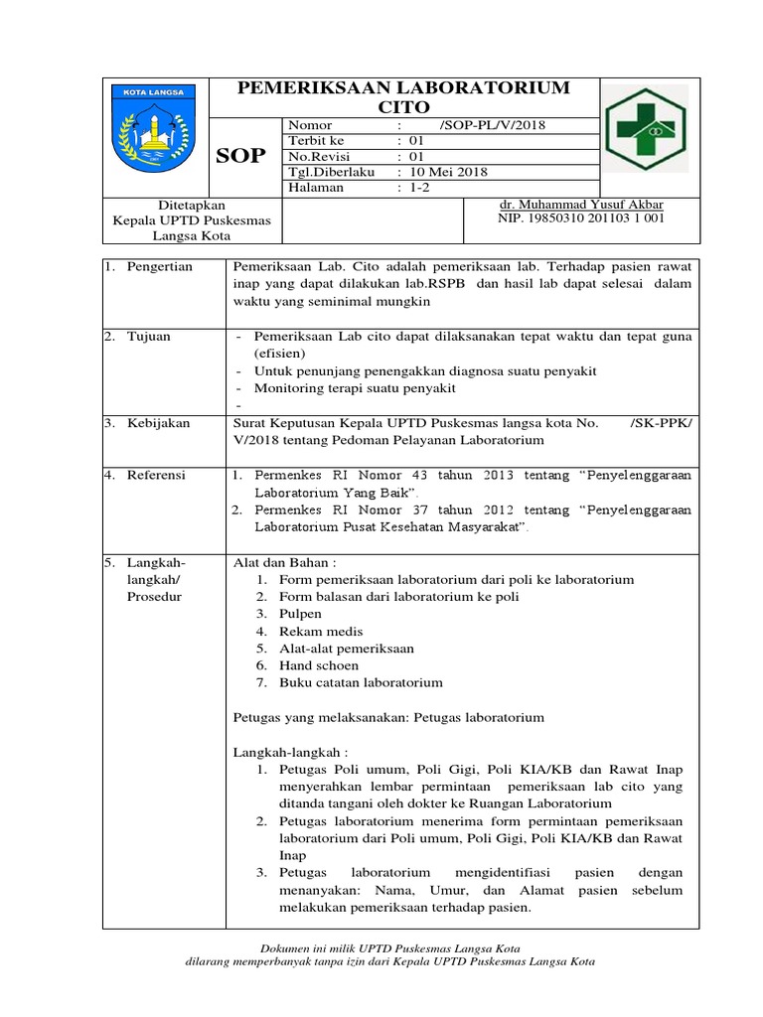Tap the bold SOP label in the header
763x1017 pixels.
coord(241,157)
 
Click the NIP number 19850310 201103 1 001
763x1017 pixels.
coord(581,218)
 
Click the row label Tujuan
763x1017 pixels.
coord(148,337)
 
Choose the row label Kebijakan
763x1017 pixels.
coord(157,423)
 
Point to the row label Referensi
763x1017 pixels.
coord(156,476)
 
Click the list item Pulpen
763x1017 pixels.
coord(300,614)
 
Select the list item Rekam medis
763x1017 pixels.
coord(321,631)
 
